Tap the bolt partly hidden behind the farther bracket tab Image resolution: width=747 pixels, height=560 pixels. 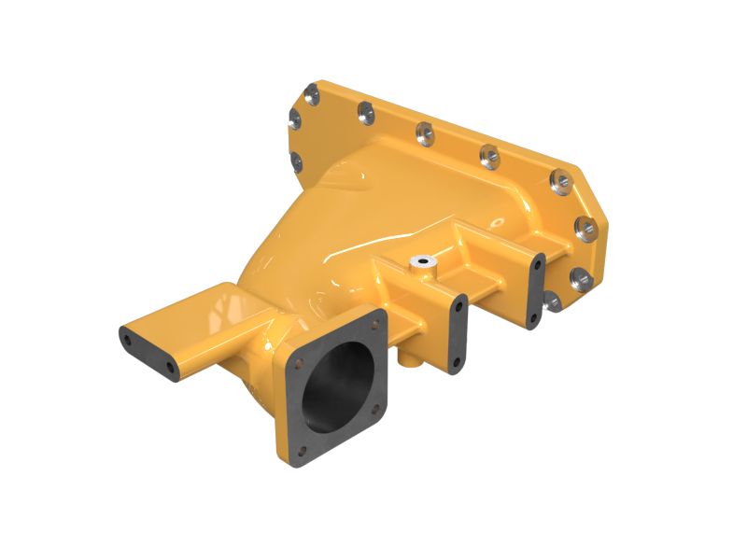pos(551,301)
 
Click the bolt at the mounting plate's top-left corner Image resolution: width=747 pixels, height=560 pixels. pos(309,91)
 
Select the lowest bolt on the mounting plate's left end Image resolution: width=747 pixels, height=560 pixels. pos(296,164)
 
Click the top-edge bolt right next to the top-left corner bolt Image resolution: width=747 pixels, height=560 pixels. pos(364,113)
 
